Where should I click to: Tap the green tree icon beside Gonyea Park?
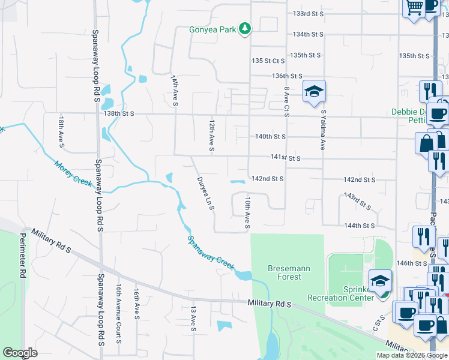(x=244, y=28)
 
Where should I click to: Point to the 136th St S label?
(x=286, y=76)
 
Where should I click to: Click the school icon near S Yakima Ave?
(x=313, y=92)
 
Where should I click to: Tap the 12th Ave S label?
(x=212, y=135)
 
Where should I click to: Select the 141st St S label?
(x=285, y=158)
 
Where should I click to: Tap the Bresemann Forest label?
(x=289, y=272)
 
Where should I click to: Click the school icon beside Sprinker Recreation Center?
(x=380, y=281)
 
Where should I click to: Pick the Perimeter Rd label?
(x=23, y=255)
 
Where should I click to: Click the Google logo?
(x=20, y=353)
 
